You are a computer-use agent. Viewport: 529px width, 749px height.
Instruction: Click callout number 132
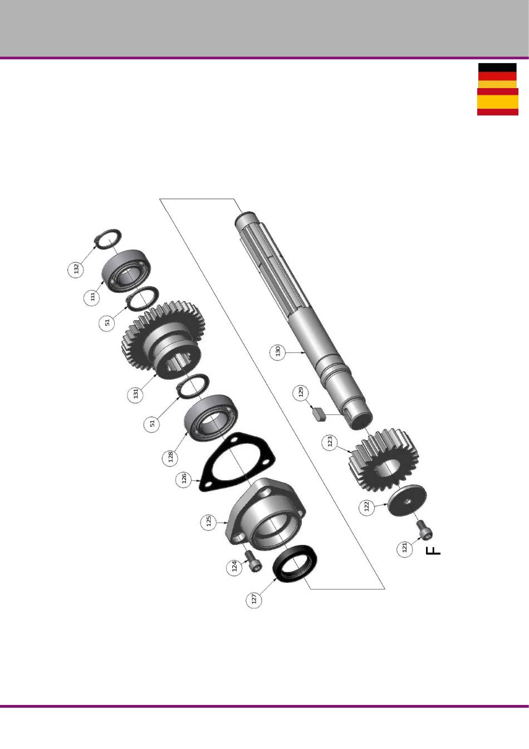(76, 268)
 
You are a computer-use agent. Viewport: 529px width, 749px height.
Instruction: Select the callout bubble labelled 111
(92, 296)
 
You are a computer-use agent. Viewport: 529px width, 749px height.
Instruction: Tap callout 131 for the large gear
(135, 394)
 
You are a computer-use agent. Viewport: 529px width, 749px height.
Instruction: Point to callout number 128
(170, 456)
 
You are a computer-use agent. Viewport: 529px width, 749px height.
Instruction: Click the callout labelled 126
(184, 480)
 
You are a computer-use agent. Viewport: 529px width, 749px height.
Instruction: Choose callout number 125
(209, 521)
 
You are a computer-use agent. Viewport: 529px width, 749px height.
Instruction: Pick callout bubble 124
(234, 567)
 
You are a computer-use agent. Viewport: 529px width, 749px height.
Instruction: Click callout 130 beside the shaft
(278, 352)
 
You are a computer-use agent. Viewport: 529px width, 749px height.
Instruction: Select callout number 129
(301, 393)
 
